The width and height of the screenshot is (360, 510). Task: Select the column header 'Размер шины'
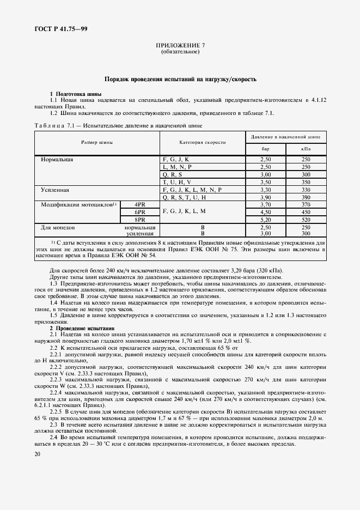point(97,142)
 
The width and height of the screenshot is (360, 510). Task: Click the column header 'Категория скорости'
point(202,142)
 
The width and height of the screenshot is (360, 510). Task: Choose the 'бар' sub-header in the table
point(266,148)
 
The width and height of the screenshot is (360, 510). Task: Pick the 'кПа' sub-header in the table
point(306,148)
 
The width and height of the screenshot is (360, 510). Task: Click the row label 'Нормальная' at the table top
point(57,159)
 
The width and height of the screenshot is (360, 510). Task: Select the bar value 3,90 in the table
point(266,197)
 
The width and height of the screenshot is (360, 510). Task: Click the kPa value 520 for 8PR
point(306,219)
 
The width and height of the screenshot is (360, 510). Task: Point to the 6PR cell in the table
point(139,211)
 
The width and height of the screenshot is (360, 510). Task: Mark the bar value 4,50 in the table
point(266,211)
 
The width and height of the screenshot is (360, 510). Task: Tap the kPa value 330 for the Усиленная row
point(306,189)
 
